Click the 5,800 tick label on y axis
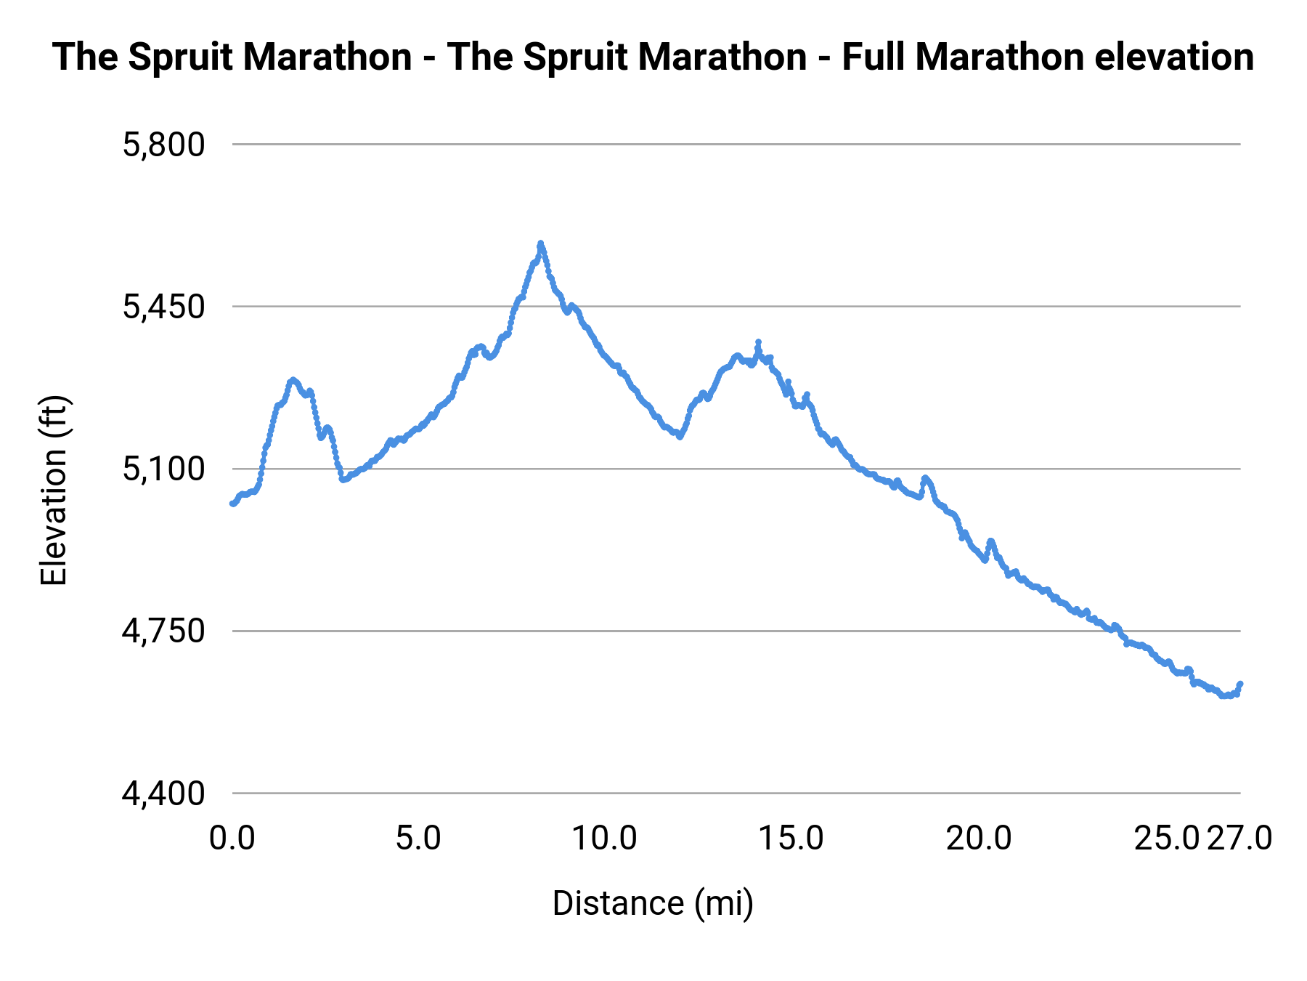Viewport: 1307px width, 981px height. click(x=164, y=145)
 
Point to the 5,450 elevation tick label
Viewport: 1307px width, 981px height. click(x=164, y=307)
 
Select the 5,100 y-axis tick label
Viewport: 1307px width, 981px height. click(x=164, y=469)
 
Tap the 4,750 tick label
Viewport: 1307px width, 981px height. click(x=164, y=631)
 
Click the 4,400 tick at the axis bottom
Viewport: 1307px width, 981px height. click(x=164, y=794)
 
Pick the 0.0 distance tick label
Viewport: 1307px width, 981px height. click(x=232, y=839)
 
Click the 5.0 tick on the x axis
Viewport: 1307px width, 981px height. click(x=418, y=839)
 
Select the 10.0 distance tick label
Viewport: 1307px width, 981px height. click(x=604, y=839)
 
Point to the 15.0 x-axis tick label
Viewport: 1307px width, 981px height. click(x=791, y=839)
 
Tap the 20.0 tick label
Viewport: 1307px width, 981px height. click(x=978, y=839)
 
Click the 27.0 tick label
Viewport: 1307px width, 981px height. click(x=1239, y=839)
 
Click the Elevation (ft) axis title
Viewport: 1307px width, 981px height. click(x=54, y=490)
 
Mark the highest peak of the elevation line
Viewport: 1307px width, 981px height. click(x=540, y=243)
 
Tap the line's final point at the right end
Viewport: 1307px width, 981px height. click(x=1240, y=684)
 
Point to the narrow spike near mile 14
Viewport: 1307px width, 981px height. click(x=758, y=342)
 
